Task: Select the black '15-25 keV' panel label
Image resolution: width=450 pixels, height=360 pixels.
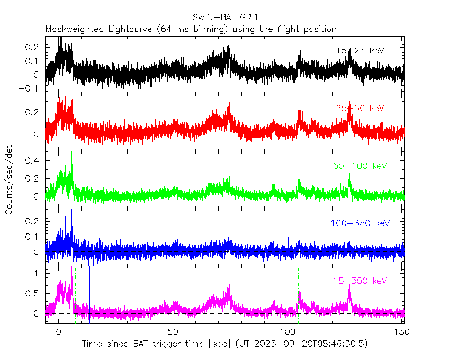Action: coord(360,50)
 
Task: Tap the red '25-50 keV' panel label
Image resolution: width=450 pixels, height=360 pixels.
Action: coord(360,108)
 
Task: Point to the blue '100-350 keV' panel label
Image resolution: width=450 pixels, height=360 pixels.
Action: coord(360,223)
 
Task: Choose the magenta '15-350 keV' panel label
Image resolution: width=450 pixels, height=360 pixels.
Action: coord(360,280)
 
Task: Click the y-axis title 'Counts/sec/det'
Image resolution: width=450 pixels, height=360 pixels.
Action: coord(9,180)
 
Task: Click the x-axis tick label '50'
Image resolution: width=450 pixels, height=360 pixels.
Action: coord(173,331)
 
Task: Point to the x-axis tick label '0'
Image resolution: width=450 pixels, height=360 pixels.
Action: coord(58,331)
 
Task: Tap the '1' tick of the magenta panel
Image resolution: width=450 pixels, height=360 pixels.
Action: coord(39,274)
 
